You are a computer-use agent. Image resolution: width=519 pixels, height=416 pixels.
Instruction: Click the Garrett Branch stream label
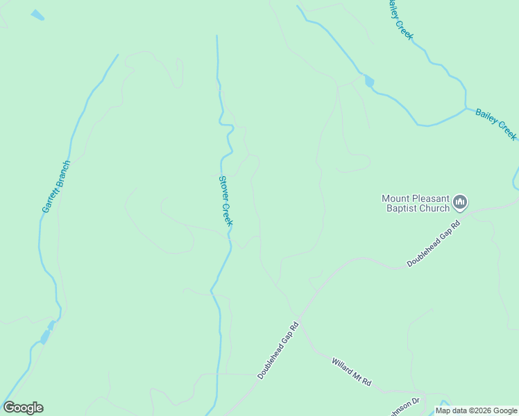tap(56, 187)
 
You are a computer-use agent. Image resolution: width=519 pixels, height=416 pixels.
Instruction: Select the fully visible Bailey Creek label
tap(496, 124)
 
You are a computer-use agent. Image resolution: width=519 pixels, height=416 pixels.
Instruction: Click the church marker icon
tap(460, 202)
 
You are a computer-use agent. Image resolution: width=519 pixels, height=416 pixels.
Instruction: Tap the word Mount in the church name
tap(395, 198)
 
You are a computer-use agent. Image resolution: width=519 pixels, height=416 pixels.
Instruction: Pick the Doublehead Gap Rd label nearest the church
tap(434, 243)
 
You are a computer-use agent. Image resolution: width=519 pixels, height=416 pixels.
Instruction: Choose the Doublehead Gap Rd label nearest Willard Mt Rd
tap(278, 349)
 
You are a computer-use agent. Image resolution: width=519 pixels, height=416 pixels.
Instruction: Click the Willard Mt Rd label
tap(352, 372)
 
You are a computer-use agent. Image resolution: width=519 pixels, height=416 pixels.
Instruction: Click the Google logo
tap(23, 408)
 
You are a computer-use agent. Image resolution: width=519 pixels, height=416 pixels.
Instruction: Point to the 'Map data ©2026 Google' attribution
tap(477, 410)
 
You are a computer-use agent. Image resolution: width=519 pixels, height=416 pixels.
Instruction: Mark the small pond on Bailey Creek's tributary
tap(369, 82)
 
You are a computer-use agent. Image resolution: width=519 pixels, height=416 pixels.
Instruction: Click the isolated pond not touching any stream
tap(37, 15)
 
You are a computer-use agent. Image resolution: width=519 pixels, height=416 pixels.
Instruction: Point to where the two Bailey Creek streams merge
tap(466, 108)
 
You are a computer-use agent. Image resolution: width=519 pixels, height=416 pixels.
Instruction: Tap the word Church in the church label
tap(436, 208)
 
